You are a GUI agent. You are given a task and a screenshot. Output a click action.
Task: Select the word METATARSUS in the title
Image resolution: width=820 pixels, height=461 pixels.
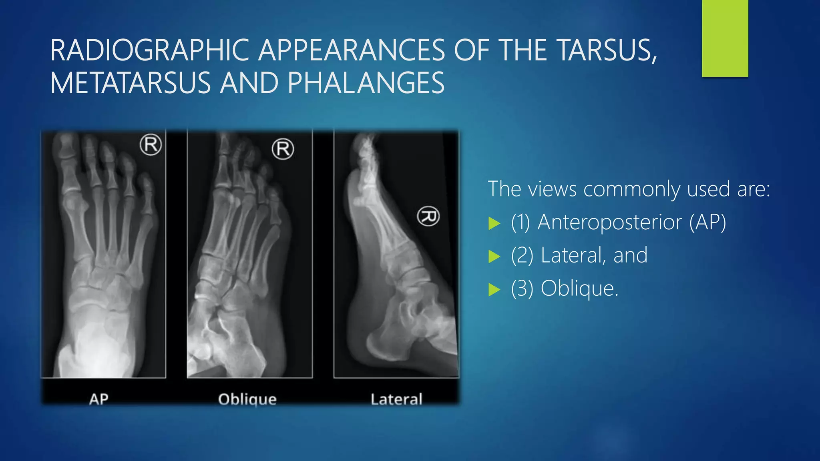[x=130, y=83]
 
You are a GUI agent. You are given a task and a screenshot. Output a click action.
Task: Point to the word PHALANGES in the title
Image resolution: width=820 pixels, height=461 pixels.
[x=366, y=83]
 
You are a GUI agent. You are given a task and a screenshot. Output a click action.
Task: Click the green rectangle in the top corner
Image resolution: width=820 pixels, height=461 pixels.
[x=725, y=38]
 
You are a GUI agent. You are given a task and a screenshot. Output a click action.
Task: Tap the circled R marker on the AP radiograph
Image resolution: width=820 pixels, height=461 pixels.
[x=151, y=145]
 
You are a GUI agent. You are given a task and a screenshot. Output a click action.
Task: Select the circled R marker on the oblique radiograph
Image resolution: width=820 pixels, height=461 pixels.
[x=283, y=149]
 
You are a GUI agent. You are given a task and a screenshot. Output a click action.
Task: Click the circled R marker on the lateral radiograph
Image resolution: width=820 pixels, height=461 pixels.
[x=428, y=216]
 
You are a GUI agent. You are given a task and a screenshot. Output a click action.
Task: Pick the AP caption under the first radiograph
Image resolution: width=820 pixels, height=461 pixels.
[x=98, y=399]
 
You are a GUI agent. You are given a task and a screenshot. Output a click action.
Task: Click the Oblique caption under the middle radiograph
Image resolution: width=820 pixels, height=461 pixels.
[x=247, y=399]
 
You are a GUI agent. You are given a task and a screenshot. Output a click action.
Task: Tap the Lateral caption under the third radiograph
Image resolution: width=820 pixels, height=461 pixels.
[x=396, y=399]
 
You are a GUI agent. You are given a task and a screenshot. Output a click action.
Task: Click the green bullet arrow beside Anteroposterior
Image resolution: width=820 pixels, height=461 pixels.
[x=494, y=223]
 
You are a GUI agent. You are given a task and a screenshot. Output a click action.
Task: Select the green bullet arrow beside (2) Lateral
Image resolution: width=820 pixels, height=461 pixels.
[x=494, y=257]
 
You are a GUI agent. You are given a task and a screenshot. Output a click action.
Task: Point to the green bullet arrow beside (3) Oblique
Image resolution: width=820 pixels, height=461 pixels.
[x=494, y=289]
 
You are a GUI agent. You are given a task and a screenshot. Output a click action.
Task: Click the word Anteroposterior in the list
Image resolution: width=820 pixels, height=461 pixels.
[x=609, y=222]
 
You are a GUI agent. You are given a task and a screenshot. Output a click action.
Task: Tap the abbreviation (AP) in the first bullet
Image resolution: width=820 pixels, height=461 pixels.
[x=707, y=222]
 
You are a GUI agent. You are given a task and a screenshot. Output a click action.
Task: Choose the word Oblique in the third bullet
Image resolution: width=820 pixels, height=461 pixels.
[x=579, y=288]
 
